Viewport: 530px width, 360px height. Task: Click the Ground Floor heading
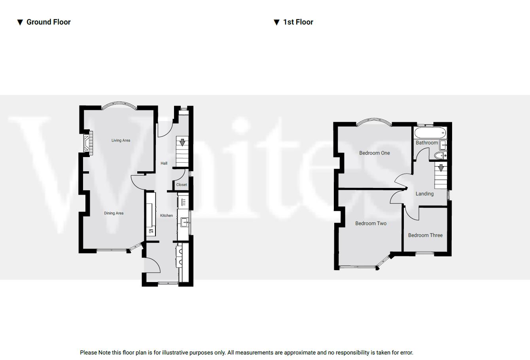click(48, 22)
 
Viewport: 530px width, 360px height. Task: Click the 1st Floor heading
click(298, 22)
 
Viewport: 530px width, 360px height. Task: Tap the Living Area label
click(121, 140)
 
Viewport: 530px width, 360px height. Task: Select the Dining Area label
click(114, 213)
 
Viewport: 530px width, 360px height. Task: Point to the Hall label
click(164, 163)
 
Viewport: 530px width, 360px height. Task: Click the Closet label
click(182, 185)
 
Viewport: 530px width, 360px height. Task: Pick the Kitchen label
click(166, 216)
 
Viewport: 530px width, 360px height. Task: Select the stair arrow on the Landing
click(441, 168)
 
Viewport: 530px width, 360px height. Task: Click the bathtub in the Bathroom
click(430, 132)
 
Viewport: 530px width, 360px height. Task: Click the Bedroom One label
click(374, 153)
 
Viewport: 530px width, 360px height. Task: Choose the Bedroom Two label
click(371, 224)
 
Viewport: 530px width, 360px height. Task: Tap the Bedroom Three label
click(425, 235)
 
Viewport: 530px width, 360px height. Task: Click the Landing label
click(424, 194)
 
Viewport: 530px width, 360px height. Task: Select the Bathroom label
click(426, 143)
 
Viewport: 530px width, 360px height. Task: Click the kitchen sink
click(184, 223)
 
